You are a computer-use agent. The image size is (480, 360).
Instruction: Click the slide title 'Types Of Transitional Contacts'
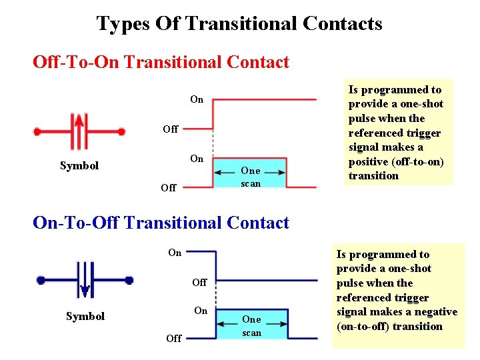(x=239, y=24)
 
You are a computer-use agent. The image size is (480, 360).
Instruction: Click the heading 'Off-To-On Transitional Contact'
(x=161, y=63)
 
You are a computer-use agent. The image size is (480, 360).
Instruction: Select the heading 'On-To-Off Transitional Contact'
(x=161, y=223)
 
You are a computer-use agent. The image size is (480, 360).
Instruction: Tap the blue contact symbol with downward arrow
(x=85, y=281)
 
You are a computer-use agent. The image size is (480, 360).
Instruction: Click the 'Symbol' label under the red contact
(x=79, y=165)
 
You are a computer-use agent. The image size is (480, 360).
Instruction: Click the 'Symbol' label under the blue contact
(x=85, y=316)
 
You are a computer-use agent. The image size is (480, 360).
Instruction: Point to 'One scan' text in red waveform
(x=251, y=177)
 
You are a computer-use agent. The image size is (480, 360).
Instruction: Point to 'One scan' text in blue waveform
(x=251, y=326)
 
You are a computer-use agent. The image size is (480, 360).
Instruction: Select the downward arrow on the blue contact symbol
(x=85, y=290)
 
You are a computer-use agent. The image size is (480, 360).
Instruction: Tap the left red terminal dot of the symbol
(x=38, y=132)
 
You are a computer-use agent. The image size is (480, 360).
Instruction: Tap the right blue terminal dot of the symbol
(x=129, y=281)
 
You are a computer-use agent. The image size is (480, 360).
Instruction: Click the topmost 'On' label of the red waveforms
(x=197, y=99)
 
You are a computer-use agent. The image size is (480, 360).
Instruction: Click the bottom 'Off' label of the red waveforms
(x=169, y=188)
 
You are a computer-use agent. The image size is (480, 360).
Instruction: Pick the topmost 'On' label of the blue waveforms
(x=175, y=253)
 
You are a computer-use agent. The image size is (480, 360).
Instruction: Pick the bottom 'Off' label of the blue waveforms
(x=173, y=338)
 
